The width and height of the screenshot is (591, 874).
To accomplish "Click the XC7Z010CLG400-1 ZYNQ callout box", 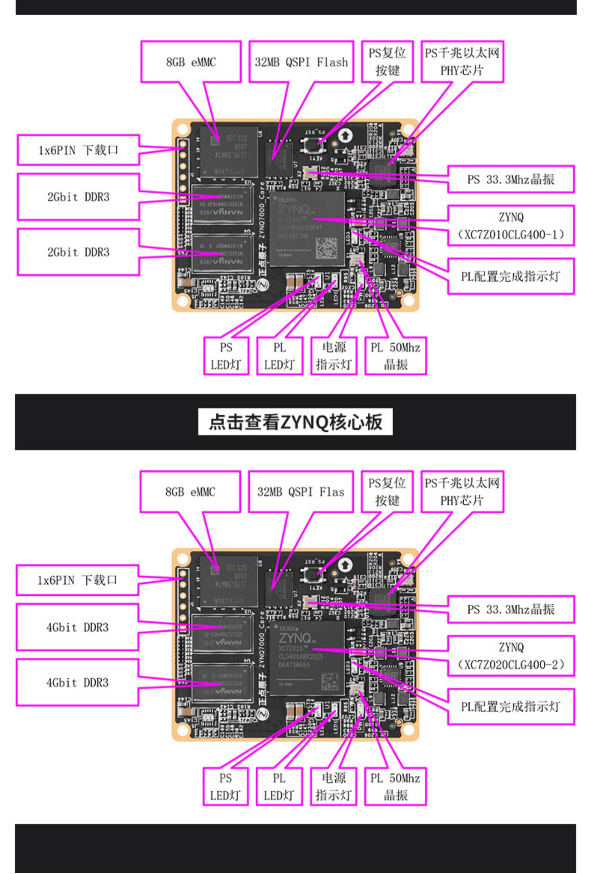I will tap(511, 225).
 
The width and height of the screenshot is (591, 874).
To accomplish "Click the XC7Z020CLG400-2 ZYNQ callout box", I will tap(511, 656).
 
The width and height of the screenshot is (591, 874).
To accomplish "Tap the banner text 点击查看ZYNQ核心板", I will tap(295, 422).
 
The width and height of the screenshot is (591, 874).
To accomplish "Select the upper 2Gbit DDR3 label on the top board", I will tap(78, 197).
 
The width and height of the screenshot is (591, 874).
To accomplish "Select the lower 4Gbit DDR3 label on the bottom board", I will tap(77, 682).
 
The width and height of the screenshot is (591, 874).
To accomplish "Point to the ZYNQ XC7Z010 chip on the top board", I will tap(307, 229).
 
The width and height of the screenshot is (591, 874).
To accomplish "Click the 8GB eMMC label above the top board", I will tap(191, 62).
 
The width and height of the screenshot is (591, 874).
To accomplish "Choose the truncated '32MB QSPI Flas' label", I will tap(301, 492).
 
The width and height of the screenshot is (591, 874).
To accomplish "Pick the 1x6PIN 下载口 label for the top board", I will tap(78, 150).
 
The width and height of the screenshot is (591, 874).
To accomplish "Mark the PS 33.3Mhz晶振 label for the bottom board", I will tap(511, 609).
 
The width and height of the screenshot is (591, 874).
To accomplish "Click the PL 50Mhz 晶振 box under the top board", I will tap(396, 356).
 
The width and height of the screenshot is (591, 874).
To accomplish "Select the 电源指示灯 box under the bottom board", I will tap(333, 786).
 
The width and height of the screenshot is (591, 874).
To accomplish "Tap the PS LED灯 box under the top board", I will tap(226, 356).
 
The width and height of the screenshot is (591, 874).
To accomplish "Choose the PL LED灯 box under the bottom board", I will tap(279, 786).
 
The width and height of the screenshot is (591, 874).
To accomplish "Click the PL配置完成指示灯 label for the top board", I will tap(511, 276).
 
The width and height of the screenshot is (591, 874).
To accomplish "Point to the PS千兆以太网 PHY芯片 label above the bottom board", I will tap(462, 492).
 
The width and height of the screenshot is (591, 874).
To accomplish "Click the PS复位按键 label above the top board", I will tap(387, 62).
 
